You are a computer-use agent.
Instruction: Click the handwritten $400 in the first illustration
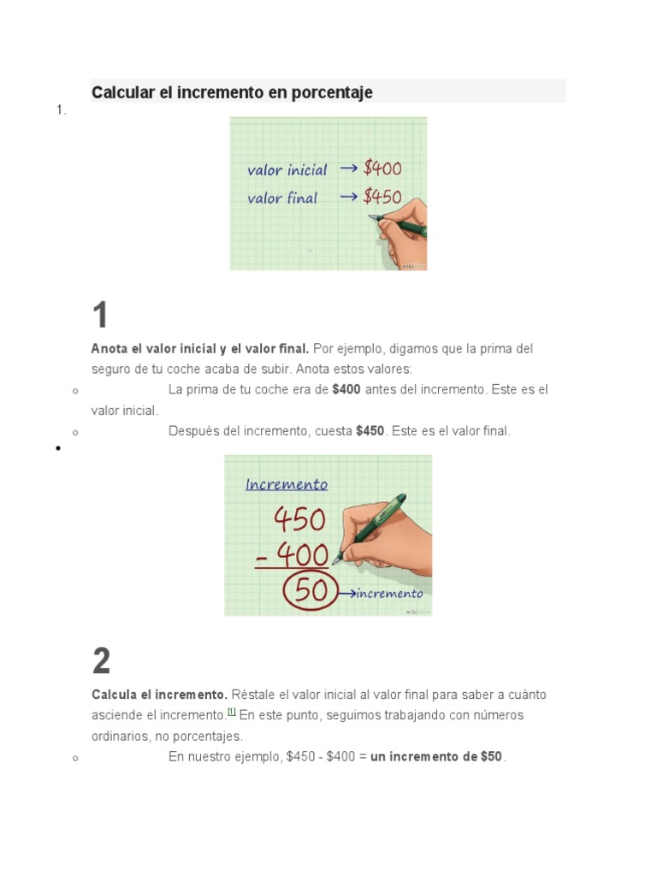(382, 169)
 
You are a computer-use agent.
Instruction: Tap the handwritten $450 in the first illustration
(382, 197)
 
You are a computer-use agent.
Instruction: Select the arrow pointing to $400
(349, 169)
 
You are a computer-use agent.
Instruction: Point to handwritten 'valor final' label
(282, 198)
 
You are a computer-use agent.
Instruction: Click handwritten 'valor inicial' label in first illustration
(287, 170)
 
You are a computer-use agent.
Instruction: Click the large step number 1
(101, 316)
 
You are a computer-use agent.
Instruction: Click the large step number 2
(101, 661)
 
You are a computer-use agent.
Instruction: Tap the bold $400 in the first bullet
(346, 390)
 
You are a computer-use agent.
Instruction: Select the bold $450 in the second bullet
(370, 431)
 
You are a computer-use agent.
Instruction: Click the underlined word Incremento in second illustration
(287, 485)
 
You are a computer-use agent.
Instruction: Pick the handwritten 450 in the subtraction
(299, 520)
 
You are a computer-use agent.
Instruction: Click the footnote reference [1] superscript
(231, 712)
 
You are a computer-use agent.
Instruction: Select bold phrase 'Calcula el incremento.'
(159, 695)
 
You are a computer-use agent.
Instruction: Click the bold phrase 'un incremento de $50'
(436, 757)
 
